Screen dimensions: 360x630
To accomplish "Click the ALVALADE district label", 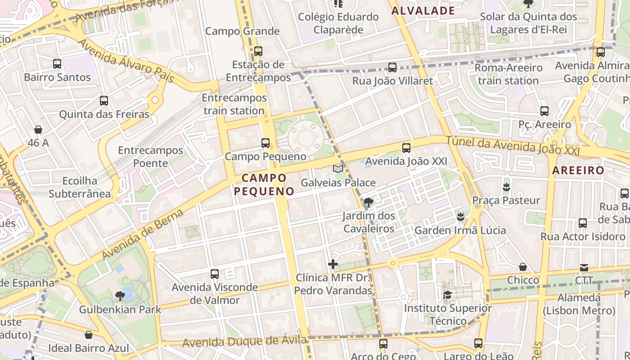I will click(423, 11).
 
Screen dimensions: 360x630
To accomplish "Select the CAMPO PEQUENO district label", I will click(264, 184).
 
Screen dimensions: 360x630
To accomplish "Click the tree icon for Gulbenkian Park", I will click(120, 296).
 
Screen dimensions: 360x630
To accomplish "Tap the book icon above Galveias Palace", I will click(337, 169).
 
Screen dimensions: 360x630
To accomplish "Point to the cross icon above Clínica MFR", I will click(333, 264).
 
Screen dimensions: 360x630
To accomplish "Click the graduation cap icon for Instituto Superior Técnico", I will click(447, 295).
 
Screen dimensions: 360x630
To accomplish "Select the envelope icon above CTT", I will click(584, 268).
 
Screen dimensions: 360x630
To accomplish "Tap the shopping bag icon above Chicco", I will click(522, 267).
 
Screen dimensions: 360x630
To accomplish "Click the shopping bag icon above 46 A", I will click(38, 130).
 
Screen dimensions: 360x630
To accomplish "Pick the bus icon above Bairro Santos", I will click(57, 64).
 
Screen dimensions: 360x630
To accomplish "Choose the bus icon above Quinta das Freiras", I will click(104, 101).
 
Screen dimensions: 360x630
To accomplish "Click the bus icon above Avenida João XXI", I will click(406, 148).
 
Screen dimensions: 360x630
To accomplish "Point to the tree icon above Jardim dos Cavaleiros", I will click(369, 202).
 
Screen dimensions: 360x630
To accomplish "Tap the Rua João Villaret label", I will click(392, 81).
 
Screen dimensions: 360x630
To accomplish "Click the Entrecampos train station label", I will click(234, 104).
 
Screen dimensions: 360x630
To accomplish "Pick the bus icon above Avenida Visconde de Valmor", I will click(215, 274).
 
